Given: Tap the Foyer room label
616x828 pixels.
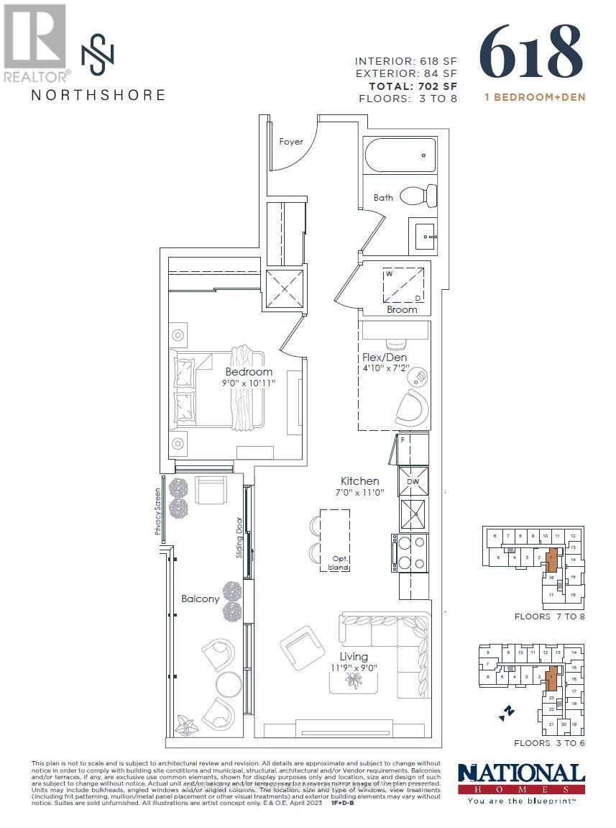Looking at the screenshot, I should coord(291,142).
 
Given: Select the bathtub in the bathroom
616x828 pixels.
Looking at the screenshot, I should coord(400,155).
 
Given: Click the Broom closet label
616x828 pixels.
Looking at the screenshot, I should coord(402,309).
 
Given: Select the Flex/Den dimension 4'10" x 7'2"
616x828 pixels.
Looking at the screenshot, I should coord(385,368).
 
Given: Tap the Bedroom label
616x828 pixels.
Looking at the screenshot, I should coord(249,372).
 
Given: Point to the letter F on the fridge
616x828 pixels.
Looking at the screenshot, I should coord(403,439).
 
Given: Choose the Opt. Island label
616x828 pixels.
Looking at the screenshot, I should coord(339,563).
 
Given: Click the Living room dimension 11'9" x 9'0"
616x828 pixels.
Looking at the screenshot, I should coord(353,668).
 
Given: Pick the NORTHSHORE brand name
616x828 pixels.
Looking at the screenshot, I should coord(98,95).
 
